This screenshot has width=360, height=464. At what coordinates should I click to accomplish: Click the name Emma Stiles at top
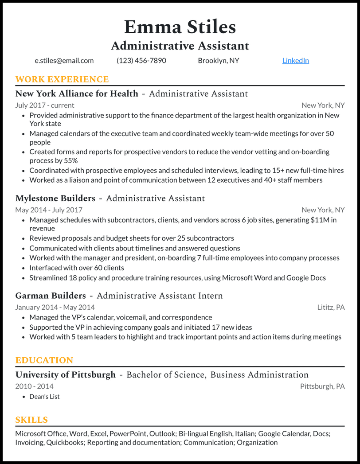coord(180,27)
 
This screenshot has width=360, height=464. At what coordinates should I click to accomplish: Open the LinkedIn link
coord(295,61)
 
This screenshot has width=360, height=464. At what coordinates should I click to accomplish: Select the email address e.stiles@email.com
coord(64,61)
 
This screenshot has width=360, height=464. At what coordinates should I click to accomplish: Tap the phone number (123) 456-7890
coord(141,61)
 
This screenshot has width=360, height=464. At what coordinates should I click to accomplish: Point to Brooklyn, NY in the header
coord(218,61)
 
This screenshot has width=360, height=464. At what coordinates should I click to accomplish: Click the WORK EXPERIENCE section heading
coord(62,80)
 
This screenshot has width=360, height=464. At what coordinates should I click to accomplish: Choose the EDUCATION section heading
coord(44,360)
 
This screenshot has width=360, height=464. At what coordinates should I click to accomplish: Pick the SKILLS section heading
coord(31,420)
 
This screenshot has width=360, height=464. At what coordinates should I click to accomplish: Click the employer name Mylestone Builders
coord(55,199)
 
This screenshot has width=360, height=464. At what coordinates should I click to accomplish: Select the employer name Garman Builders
coord(51,296)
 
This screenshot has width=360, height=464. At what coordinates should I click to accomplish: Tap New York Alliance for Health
coord(77,94)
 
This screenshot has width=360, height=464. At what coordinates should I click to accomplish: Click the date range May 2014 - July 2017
coord(49,210)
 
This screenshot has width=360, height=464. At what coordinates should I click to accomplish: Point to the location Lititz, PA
coord(331,307)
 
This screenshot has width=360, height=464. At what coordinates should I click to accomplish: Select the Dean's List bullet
coord(44,397)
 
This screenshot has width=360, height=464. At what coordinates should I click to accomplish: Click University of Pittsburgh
coord(66,375)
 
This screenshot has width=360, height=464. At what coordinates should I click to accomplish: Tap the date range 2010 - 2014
coord(34,386)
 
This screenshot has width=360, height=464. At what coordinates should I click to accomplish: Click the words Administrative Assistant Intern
coord(160,296)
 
